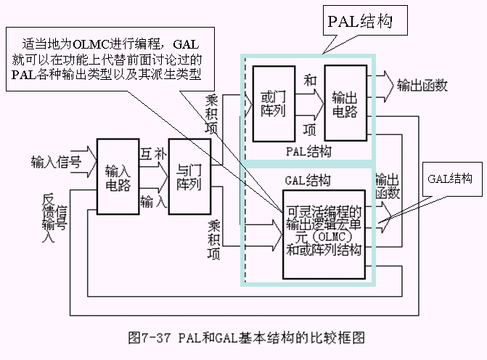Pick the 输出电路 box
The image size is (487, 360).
coord(343,102)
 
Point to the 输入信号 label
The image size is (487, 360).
coord(55,160)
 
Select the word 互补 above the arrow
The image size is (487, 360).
coord(152,154)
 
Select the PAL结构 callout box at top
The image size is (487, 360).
coord(367,22)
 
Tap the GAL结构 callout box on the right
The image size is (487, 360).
coord(449,179)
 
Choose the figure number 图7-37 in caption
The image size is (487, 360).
coord(149,337)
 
